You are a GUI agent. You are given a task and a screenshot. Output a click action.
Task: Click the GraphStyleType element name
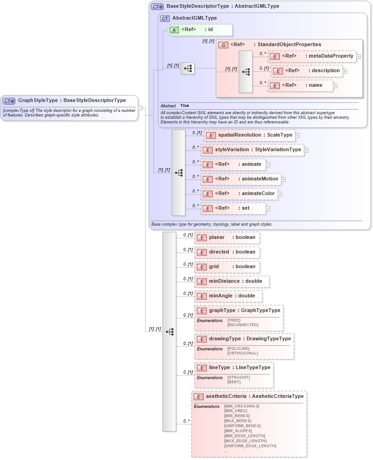(38, 100)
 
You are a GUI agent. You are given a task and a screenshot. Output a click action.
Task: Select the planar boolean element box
(227, 238)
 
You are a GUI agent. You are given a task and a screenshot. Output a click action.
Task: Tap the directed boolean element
(227, 252)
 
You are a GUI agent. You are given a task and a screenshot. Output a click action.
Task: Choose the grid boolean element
(227, 267)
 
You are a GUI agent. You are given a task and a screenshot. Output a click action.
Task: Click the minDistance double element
(232, 281)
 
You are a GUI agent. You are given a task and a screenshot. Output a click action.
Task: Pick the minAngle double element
(228, 296)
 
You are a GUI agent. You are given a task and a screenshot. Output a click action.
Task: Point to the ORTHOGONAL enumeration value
(242, 353)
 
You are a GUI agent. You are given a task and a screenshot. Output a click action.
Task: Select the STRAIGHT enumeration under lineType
(238, 377)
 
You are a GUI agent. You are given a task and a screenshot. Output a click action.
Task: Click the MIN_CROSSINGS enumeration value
(242, 406)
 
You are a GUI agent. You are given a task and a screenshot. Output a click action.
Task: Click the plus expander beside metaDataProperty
(359, 57)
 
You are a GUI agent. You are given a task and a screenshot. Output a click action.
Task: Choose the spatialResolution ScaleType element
(249, 135)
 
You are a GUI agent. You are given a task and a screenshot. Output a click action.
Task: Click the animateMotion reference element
(241, 179)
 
